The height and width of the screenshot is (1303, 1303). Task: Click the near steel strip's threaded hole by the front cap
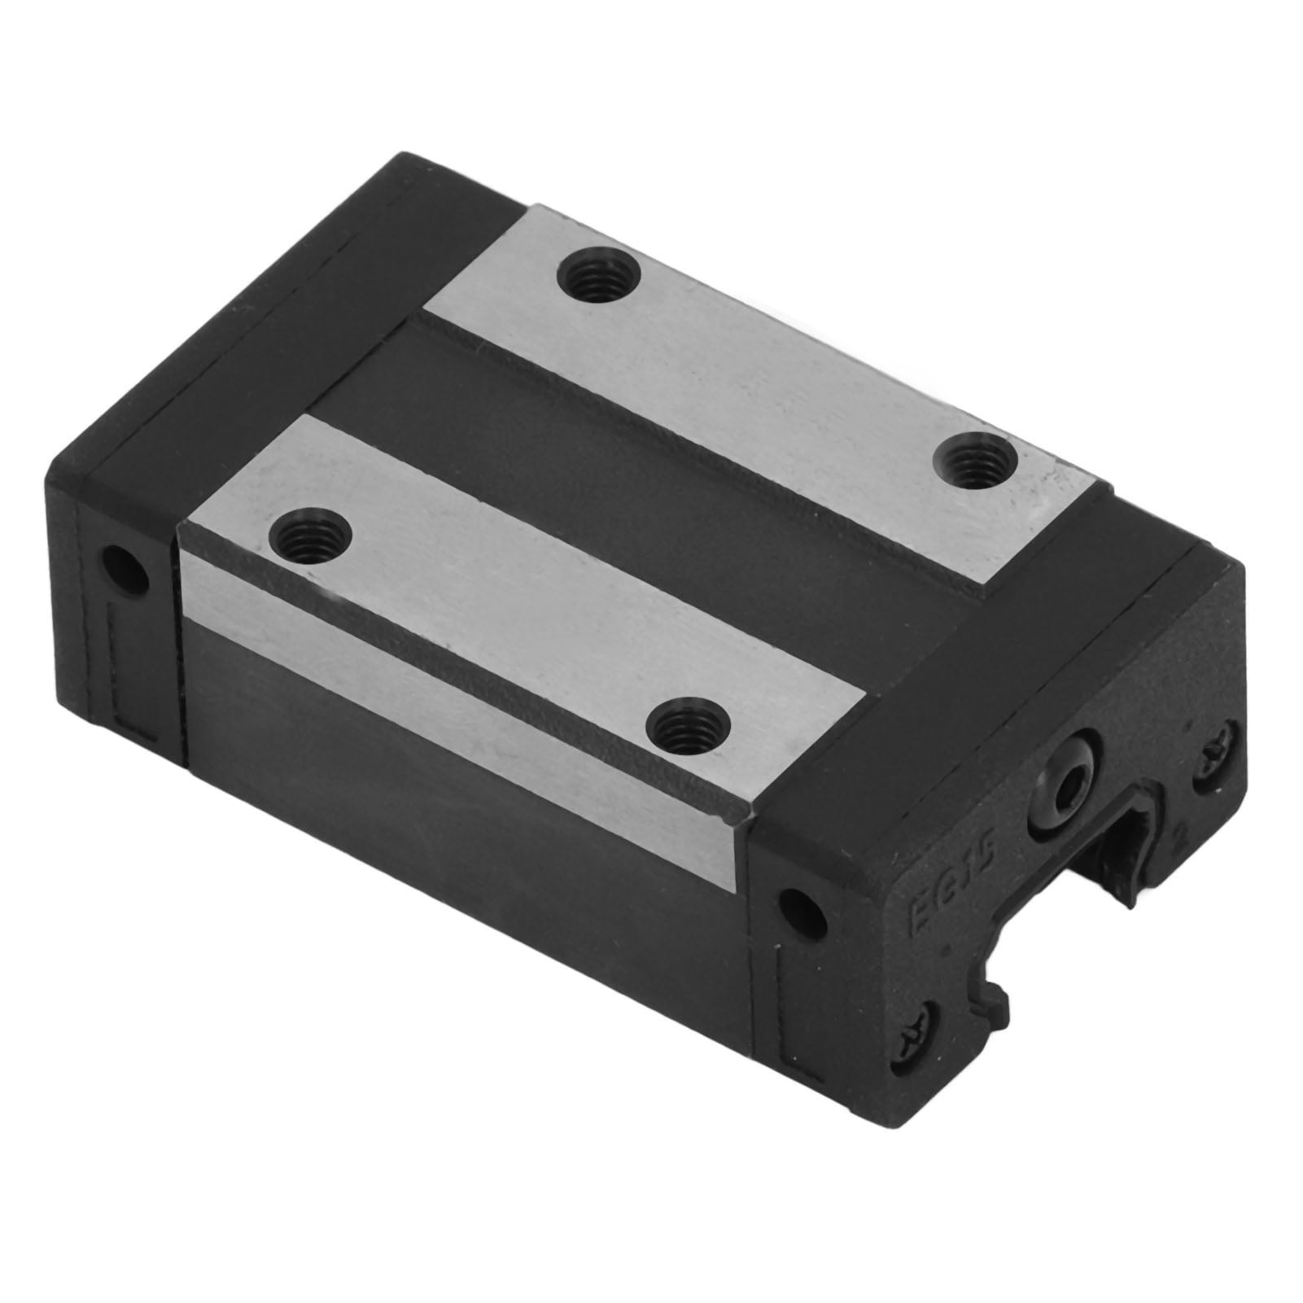(x=691, y=723)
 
